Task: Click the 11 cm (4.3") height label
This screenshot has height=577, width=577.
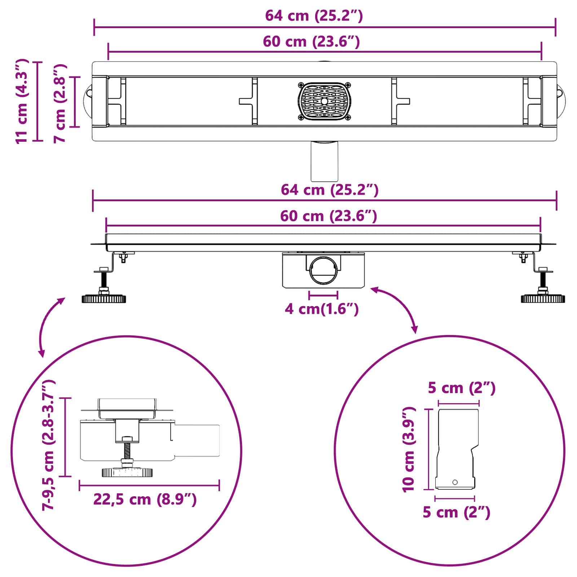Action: click(x=22, y=101)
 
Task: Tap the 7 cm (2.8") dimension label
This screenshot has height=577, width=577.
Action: click(x=60, y=103)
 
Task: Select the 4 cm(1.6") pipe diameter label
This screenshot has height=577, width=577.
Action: click(x=322, y=309)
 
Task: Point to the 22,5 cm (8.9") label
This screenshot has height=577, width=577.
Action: click(x=145, y=499)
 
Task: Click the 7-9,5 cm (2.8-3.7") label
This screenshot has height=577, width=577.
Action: click(x=48, y=445)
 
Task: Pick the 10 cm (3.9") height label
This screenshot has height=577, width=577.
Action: click(x=409, y=449)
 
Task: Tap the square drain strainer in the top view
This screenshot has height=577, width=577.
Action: click(x=324, y=101)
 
